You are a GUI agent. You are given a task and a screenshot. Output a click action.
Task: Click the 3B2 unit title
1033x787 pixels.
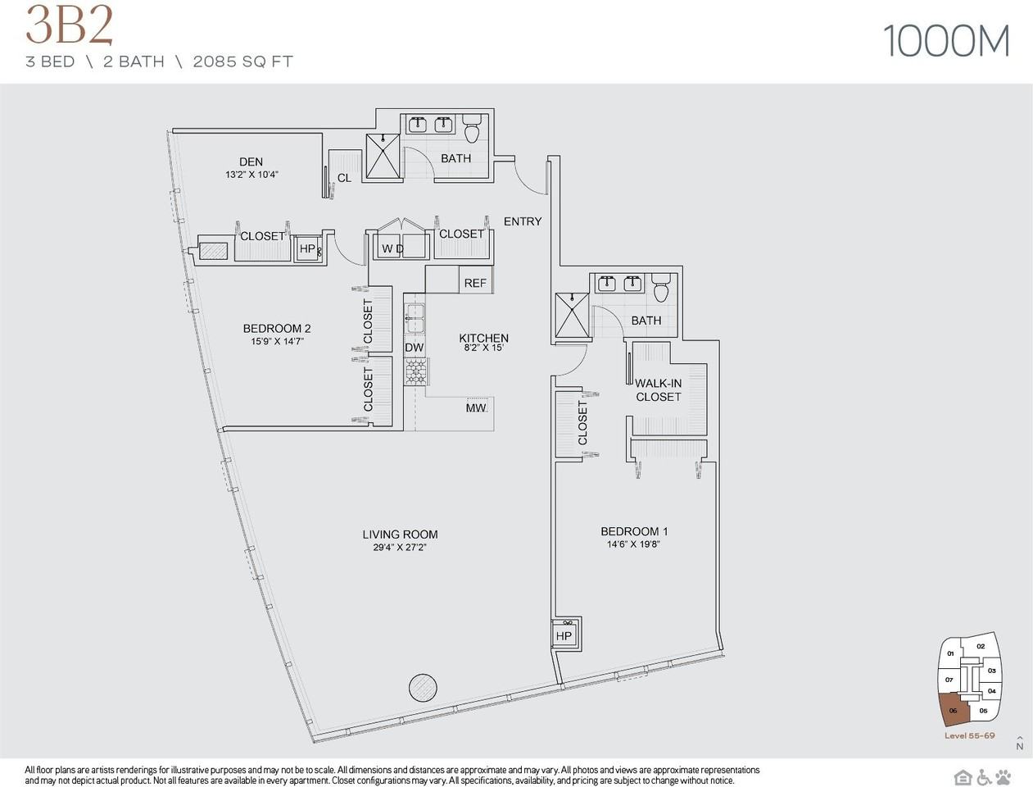[x=69, y=26]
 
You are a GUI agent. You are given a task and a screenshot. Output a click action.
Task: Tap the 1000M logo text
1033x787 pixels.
[x=946, y=41]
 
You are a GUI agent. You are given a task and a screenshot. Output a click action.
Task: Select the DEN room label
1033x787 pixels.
[x=251, y=161]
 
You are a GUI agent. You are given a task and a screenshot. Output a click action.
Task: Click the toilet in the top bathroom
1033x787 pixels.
[x=472, y=130]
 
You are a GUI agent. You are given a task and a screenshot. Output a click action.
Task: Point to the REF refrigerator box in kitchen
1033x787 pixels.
[x=475, y=282]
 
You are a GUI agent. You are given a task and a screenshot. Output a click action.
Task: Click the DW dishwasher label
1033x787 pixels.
[x=415, y=348]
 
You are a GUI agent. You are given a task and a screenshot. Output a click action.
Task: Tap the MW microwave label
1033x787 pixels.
[x=476, y=407]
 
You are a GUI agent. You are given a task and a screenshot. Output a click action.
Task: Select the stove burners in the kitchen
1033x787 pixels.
[x=415, y=372]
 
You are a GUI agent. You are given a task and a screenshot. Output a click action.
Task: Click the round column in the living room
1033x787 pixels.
[x=423, y=686]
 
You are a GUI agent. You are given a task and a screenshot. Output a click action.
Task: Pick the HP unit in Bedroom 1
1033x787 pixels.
[x=564, y=635]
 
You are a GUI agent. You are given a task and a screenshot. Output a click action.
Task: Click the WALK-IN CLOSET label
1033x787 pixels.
[x=658, y=390]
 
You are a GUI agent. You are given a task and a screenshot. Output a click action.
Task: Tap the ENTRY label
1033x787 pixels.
[x=523, y=221]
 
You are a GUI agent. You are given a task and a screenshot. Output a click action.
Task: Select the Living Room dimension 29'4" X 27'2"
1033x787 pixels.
[x=400, y=548]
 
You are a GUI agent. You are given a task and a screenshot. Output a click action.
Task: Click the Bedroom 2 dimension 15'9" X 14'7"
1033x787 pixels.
[x=277, y=341]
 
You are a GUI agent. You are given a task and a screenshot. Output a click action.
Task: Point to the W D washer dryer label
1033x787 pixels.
[x=392, y=248]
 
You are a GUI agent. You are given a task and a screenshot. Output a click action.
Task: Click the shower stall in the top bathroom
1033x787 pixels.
[x=382, y=157]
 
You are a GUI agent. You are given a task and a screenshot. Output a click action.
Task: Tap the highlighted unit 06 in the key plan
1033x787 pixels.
[x=954, y=710]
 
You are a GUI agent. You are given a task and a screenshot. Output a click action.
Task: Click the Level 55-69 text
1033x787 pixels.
[x=969, y=735]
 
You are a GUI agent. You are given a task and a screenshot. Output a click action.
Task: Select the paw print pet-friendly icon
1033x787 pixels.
[x=1004, y=777]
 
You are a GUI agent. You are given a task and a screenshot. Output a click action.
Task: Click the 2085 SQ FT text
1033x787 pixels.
[x=242, y=61]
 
